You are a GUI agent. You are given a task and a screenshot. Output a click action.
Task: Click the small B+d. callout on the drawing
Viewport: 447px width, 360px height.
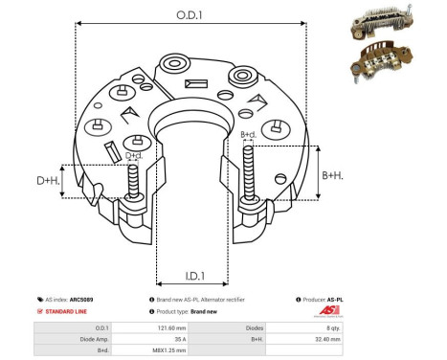pyautogui.click(x=248, y=135)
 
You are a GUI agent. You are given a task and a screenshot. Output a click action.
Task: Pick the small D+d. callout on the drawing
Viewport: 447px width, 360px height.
pyautogui.click(x=134, y=155)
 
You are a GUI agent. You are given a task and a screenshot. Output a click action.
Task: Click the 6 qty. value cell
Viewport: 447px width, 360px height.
pyautogui.click(x=396, y=327)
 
